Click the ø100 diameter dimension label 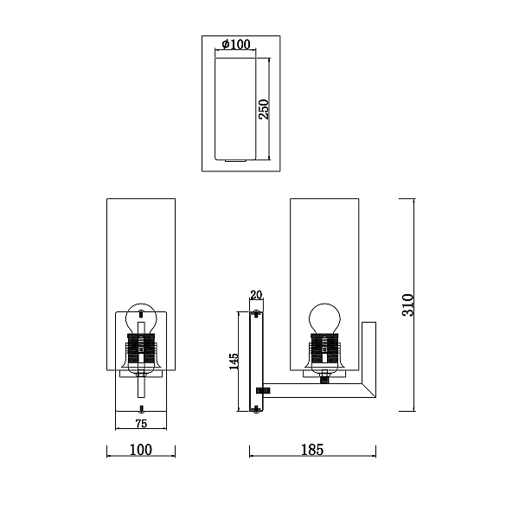coord(236,44)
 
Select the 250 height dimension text coord(264,109)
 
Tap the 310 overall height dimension coord(407,304)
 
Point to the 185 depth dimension coord(312,450)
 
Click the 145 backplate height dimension coord(234,362)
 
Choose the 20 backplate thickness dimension coord(256,295)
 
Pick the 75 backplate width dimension coord(141,424)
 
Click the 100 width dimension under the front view coord(141,450)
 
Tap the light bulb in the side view coord(324,318)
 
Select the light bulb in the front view coord(141,318)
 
